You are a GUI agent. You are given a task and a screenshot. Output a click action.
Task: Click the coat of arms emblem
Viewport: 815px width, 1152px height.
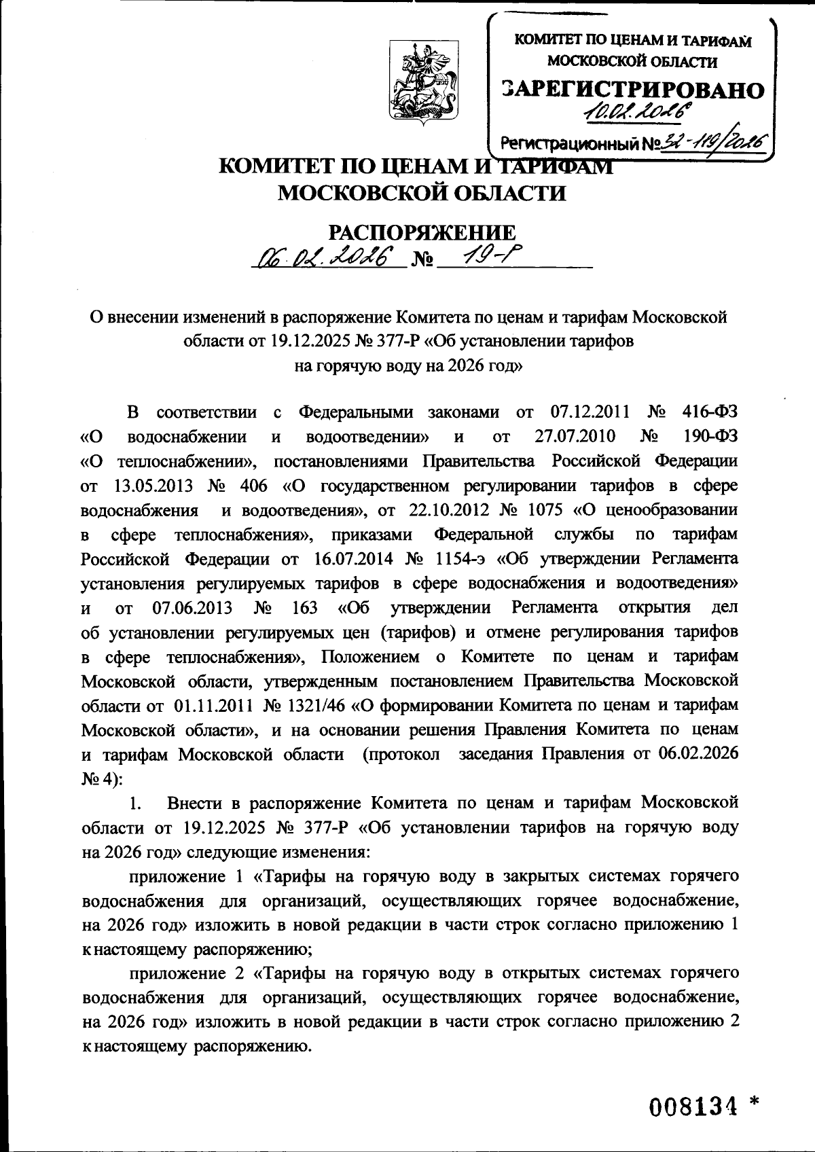pyautogui.click(x=422, y=80)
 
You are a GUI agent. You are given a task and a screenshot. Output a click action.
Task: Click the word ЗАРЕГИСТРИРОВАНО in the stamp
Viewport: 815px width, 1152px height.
pyautogui.click(x=632, y=90)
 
